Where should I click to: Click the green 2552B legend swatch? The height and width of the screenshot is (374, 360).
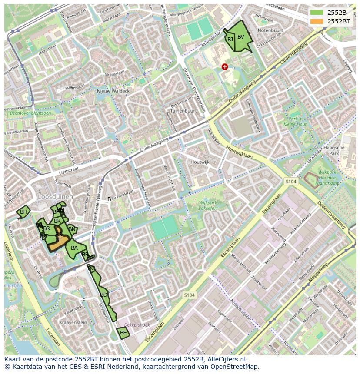317,12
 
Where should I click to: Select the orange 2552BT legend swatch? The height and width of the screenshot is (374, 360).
317,21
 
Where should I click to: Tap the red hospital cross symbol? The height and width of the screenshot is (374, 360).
225,66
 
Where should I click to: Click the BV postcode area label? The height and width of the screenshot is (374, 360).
241,36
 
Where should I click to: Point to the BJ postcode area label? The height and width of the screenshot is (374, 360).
230,39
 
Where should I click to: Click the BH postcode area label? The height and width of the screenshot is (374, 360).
23,212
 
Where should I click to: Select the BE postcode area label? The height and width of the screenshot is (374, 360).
123,333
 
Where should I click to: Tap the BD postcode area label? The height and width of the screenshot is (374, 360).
103,295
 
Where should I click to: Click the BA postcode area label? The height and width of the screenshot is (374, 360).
74,248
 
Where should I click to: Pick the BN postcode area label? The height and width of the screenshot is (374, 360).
72,229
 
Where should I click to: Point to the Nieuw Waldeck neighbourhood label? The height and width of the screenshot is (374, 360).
113,91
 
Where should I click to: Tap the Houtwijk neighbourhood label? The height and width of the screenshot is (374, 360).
200,162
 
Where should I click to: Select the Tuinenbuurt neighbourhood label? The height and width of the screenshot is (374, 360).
183,111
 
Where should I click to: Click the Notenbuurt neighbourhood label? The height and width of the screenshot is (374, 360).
270,31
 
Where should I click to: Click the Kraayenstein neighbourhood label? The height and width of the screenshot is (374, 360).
73,323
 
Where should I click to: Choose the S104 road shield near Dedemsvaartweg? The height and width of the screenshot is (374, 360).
291,181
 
